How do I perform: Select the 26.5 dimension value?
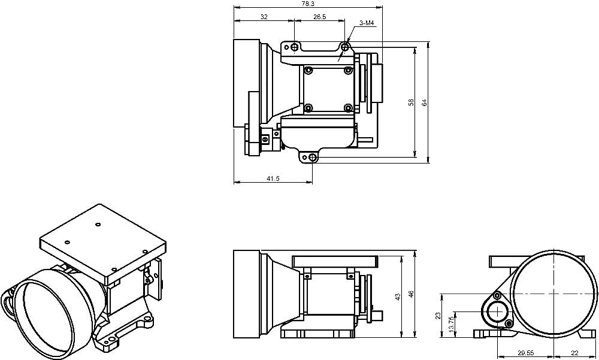coord(319,17)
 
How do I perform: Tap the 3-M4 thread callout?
coord(367,23)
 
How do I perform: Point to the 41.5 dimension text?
coord(273,178)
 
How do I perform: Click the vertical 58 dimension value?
coord(412,102)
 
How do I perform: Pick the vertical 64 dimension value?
coord(424,102)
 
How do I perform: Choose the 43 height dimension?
coord(398,296)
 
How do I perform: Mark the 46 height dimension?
coord(411,294)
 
